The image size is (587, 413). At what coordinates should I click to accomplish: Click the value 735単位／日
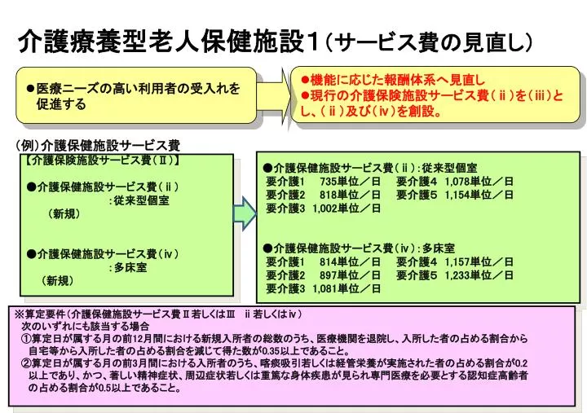[350, 182]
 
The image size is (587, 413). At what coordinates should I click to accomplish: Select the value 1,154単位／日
[479, 195]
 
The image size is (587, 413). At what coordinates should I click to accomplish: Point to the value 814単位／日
[350, 261]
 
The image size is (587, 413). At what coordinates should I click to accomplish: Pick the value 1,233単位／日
[479, 275]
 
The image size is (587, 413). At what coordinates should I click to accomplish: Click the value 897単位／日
[350, 275]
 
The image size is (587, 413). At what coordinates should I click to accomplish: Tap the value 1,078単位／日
[479, 182]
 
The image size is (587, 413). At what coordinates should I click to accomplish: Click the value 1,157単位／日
[479, 261]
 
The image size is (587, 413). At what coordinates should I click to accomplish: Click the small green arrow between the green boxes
[245, 213]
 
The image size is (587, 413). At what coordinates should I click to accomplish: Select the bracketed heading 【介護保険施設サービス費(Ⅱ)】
[103, 160]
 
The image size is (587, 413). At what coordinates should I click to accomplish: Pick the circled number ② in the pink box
[26, 362]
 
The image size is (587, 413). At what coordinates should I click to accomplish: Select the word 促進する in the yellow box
[61, 104]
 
